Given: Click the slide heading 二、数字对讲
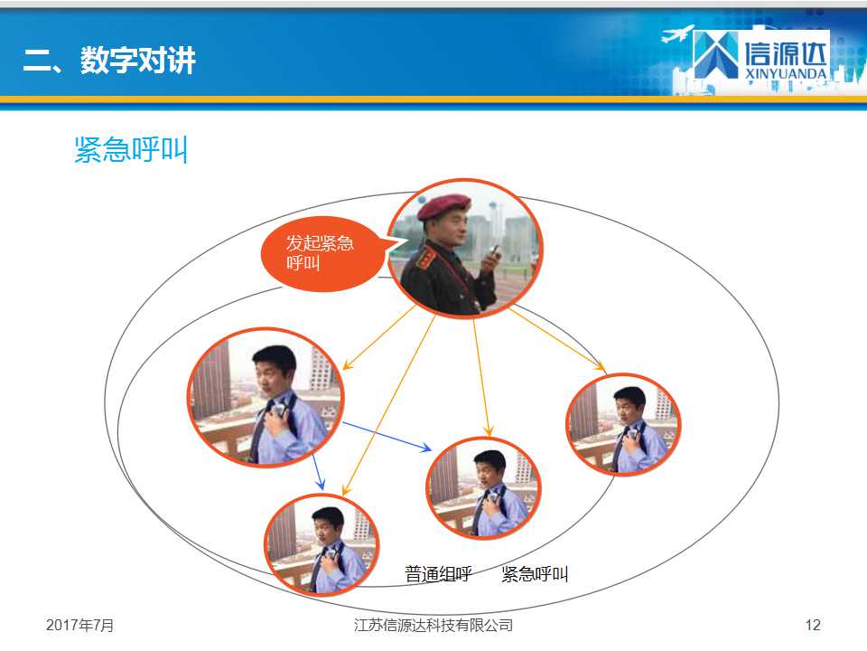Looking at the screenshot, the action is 109,60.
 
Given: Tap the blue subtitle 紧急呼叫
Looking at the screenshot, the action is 131,149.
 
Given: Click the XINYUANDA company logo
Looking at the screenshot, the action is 760,55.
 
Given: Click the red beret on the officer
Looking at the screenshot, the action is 443,206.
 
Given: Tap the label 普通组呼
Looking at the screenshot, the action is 438,574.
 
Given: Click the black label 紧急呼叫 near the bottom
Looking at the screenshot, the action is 535,574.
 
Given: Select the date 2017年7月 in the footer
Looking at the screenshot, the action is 79,625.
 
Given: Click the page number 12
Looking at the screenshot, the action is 813,625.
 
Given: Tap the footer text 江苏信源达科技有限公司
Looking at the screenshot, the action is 433,625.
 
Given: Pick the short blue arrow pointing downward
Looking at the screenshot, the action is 318,472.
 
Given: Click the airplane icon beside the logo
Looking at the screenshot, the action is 677,33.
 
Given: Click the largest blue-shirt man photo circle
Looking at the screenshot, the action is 266,397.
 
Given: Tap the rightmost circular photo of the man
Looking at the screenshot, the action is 623,425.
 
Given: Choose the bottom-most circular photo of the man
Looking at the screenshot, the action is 322,544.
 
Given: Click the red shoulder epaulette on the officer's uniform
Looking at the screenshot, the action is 426,258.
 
